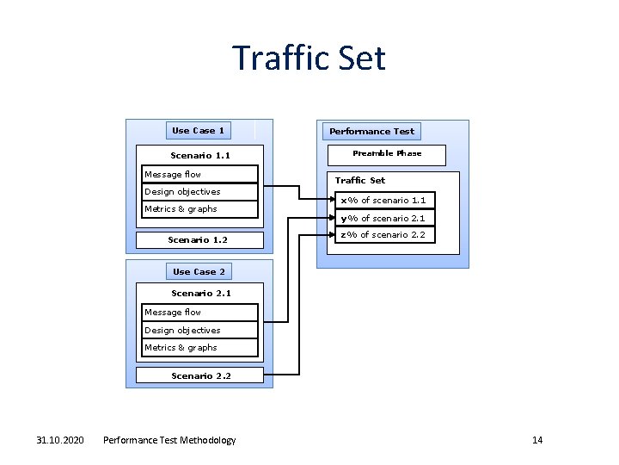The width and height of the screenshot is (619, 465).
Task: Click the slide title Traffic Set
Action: coord(309,59)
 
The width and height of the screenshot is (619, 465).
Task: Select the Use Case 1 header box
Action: coord(199,131)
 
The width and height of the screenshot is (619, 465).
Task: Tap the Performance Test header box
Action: coord(371,132)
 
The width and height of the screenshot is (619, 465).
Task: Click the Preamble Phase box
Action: coord(387,154)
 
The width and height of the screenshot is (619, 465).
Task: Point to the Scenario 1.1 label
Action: coord(200,156)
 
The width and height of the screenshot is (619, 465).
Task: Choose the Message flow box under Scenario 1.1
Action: coord(199,175)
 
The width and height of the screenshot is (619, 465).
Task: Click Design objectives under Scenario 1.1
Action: coord(199,192)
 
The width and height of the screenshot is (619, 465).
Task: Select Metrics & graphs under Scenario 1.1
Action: coord(199,209)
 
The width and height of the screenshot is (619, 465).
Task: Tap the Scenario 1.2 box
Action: coord(198,239)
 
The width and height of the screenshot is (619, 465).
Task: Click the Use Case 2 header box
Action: coord(199,272)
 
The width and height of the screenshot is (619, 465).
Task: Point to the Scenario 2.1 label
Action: coord(201,294)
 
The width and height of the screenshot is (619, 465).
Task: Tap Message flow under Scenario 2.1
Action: coord(199,313)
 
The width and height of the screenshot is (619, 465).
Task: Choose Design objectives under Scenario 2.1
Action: coord(199,331)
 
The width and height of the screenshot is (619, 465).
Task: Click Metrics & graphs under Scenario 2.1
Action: coord(199,348)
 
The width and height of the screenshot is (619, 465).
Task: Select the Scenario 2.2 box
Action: coord(201,376)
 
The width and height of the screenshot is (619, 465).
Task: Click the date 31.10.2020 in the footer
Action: coord(60,441)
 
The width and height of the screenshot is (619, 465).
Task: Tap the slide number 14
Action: coord(537,441)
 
